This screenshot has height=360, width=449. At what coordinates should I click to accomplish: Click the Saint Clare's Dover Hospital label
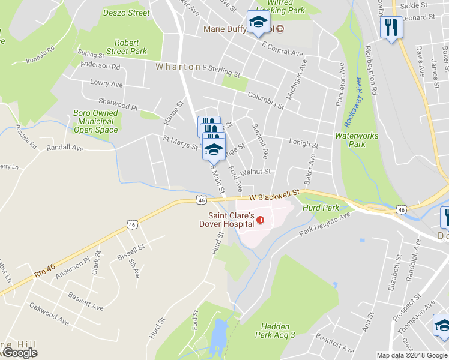point(231,220)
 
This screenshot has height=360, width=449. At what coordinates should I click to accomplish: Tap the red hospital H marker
point(260,220)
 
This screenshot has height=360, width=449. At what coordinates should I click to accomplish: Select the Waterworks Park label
point(357,140)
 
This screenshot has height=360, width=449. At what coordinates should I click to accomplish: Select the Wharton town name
point(178,67)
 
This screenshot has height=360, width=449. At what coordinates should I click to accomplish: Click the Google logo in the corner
point(20,353)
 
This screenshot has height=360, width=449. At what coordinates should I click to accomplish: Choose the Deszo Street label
point(126,13)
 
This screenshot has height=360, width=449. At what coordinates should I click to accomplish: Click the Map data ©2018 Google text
point(411,355)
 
